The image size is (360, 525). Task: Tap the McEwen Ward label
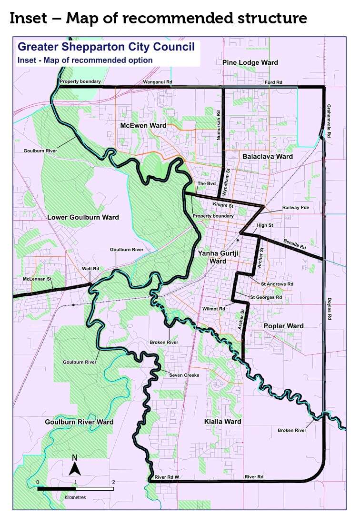[x=142, y=125]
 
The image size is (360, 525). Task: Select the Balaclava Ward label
[x=267, y=156]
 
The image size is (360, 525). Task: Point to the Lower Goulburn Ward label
[x=83, y=217]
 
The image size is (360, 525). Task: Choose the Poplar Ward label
[x=283, y=326]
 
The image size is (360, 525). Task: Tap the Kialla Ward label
[x=222, y=422]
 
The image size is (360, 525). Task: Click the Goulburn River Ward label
[x=79, y=422]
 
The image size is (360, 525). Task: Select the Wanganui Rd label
[x=157, y=82]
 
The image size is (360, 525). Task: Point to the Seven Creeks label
[x=183, y=375]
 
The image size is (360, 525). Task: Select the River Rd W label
[x=167, y=477]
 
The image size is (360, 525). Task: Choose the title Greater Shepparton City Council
[x=106, y=47]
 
